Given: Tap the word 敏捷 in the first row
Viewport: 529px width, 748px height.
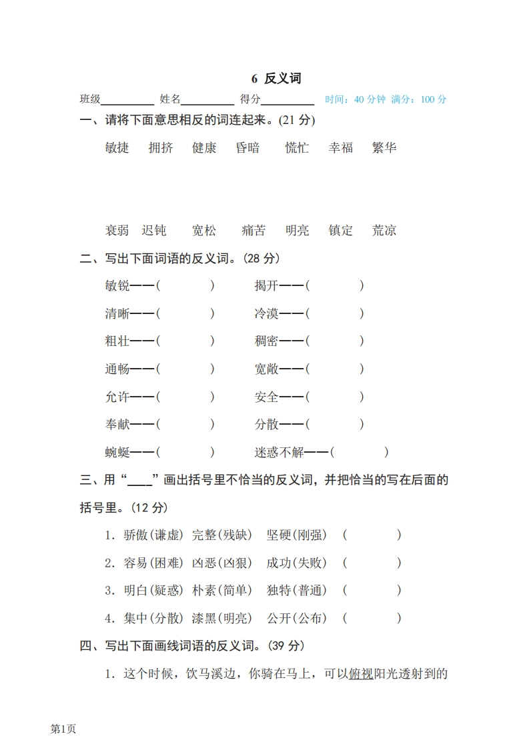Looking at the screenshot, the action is tap(117, 148).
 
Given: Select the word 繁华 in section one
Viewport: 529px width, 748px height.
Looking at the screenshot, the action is tap(384, 148).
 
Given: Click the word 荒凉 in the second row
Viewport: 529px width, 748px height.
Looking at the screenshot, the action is tap(384, 231).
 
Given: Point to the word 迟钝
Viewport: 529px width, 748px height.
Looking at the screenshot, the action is tap(154, 231).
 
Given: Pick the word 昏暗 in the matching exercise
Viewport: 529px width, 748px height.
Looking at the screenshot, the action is tap(247, 148).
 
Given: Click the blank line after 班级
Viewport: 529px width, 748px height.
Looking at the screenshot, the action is tap(127, 100).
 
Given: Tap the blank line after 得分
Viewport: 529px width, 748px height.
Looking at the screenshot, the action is tap(288, 100).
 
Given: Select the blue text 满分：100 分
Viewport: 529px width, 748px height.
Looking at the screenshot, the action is tap(419, 100).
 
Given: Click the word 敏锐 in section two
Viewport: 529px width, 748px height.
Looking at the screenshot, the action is tap(117, 286).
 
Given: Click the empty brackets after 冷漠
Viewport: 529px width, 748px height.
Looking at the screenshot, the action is tap(335, 313).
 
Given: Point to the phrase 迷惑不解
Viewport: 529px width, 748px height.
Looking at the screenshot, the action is tap(279, 453).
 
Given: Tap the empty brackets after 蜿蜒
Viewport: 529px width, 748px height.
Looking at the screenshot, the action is tap(185, 453).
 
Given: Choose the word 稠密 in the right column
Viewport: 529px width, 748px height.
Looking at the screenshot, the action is tap(266, 341).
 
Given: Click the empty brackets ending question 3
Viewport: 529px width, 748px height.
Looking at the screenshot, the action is tap(372, 591).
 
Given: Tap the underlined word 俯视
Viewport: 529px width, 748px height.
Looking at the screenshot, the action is tap(361, 674).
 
